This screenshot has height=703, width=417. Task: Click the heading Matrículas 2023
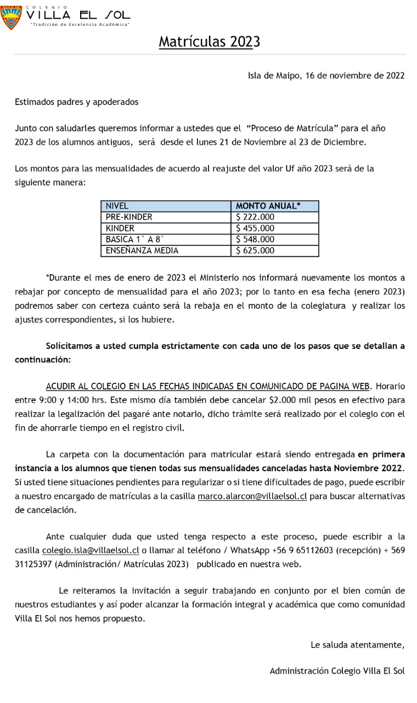(x=209, y=42)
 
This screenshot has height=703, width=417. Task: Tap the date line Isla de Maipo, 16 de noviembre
(x=326, y=76)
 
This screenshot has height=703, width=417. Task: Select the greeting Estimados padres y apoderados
(x=76, y=102)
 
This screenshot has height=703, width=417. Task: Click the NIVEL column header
(x=117, y=206)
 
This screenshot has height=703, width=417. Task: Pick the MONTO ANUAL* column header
(x=268, y=206)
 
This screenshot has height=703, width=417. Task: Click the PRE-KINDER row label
(x=129, y=217)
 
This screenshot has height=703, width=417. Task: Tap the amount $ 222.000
(x=255, y=217)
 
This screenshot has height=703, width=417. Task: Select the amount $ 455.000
(x=255, y=228)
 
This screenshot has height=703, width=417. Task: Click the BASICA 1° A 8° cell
(x=135, y=239)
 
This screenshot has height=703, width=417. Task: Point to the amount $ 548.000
(x=255, y=239)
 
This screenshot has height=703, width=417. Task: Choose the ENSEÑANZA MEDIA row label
(x=142, y=250)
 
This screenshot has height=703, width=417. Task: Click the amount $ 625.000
(x=255, y=250)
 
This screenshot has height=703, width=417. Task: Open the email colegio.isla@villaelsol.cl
(x=91, y=550)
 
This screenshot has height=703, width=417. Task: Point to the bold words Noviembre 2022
(x=373, y=467)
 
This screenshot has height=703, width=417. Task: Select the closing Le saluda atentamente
(x=357, y=645)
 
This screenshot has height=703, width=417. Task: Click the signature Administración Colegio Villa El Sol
(x=337, y=671)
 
